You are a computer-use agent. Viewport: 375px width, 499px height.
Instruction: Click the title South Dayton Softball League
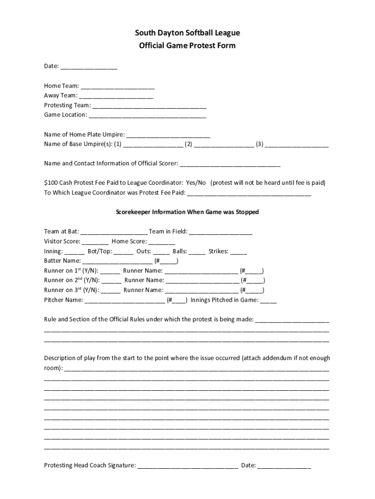187,33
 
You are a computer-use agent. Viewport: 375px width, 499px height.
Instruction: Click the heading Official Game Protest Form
187,46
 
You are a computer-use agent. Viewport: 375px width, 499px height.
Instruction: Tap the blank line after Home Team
117,87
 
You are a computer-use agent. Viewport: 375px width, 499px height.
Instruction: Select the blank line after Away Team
116,96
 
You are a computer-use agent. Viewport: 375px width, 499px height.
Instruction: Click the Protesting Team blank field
149,106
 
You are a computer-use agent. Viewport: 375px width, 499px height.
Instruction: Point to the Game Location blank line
147,116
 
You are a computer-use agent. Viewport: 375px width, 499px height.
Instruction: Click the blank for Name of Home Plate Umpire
168,135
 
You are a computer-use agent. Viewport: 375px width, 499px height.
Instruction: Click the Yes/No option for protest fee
196,183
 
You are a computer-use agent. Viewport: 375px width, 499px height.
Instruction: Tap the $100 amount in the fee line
51,183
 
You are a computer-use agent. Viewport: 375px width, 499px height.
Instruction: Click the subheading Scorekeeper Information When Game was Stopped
187,212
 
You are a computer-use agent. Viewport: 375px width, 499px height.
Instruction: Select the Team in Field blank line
221,232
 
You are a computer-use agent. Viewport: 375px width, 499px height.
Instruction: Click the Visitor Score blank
95,242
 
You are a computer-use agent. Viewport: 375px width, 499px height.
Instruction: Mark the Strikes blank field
239,252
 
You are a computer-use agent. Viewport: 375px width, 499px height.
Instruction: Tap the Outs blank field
162,252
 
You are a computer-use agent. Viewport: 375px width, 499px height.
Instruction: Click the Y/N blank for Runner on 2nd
112,281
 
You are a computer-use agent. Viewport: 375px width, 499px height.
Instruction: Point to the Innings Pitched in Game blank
268,301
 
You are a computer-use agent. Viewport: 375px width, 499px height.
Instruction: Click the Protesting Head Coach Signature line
187,466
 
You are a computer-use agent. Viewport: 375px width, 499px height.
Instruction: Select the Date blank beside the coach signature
284,466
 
